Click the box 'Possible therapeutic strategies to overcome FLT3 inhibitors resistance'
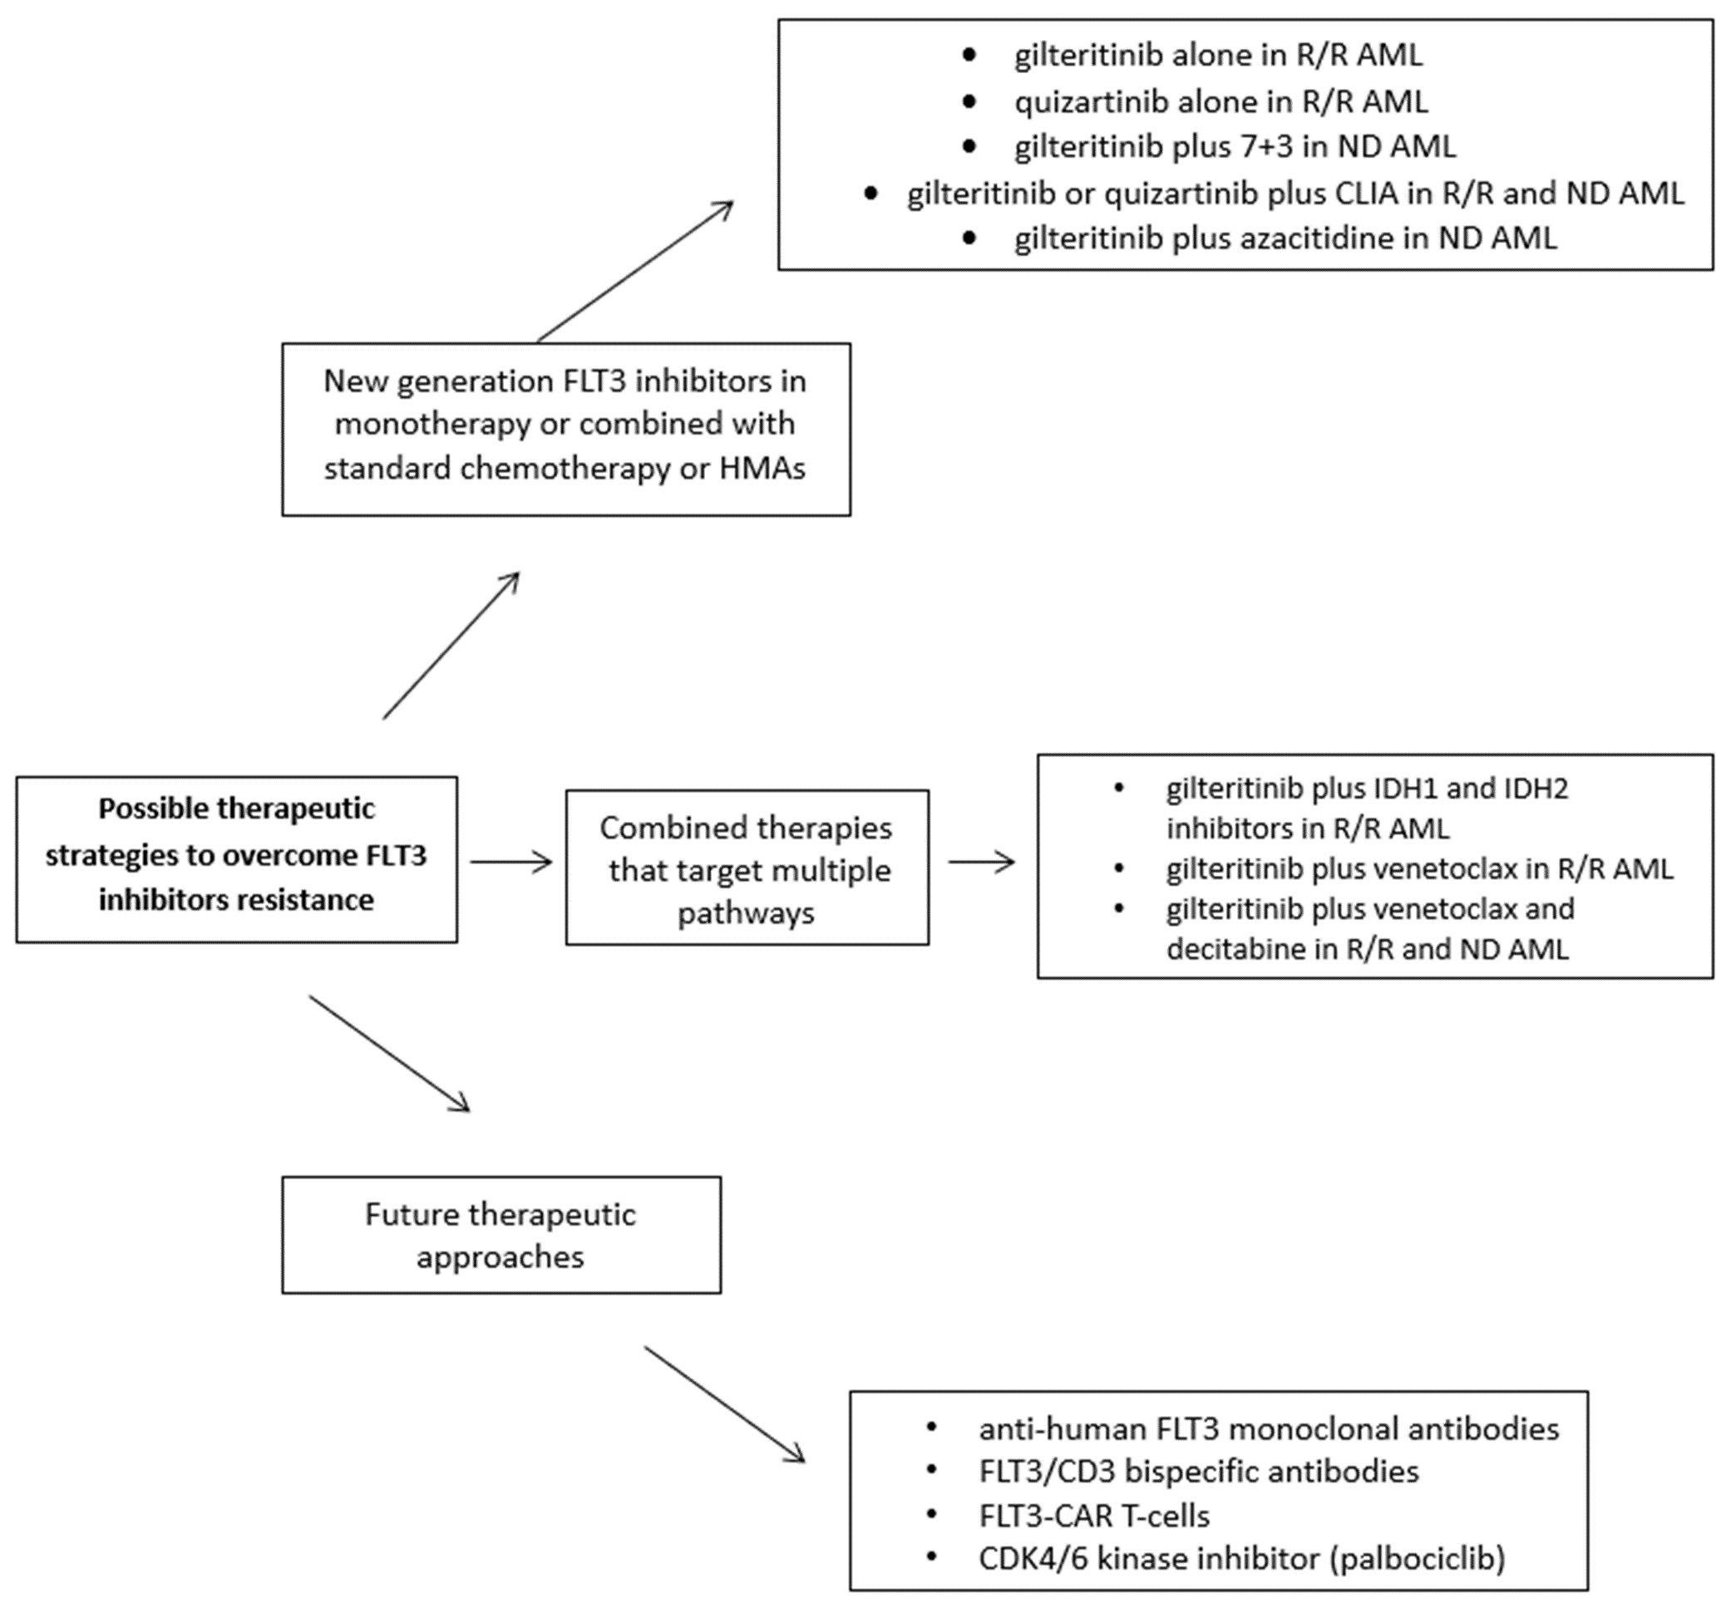point(236,859)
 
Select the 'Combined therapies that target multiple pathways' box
point(747,868)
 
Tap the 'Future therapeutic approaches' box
point(501,1235)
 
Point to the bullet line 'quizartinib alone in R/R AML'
point(1220,102)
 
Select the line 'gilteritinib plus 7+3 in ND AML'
point(1234,146)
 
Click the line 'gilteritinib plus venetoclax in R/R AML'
point(1418,868)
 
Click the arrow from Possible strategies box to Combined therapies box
point(511,862)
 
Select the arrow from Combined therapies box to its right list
point(981,862)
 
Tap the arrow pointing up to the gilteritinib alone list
point(636,271)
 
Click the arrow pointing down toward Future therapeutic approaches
point(389,1053)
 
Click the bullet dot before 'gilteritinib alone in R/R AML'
point(969,55)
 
